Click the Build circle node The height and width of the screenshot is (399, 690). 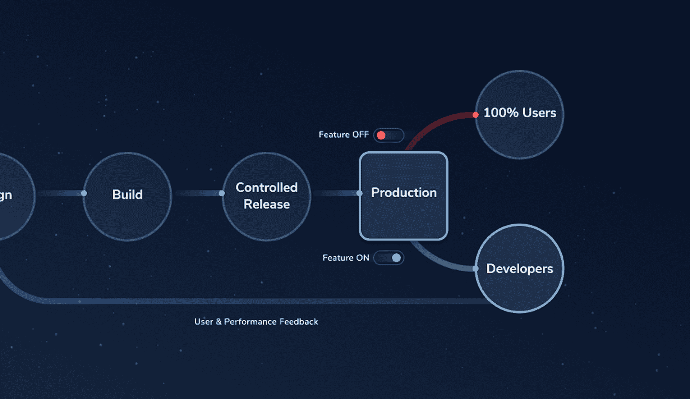127,196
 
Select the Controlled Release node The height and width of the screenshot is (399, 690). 266,196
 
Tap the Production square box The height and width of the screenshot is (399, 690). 403,196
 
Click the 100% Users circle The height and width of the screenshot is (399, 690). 519,114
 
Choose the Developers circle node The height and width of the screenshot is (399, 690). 519,269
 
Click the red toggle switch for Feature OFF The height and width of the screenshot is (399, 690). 388,135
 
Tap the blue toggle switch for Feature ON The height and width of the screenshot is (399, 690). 388,258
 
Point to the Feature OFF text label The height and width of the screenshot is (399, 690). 344,135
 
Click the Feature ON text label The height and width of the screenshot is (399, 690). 346,258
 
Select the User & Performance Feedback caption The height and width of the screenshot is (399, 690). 256,321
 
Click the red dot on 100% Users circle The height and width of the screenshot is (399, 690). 475,115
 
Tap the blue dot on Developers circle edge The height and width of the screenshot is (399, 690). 475,269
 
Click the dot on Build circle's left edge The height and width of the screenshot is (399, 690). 84,193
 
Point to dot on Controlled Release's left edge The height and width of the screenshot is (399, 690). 222,193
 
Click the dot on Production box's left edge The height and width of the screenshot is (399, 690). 359,193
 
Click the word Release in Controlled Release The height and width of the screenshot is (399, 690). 266,204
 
